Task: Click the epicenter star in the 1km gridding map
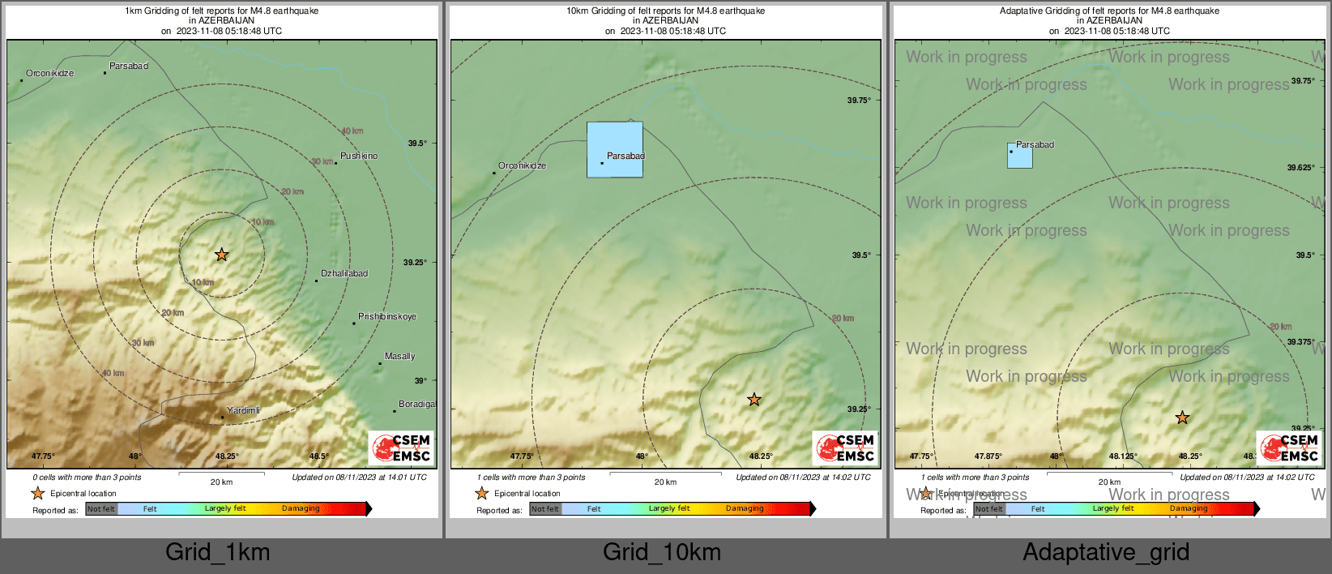[x=221, y=255]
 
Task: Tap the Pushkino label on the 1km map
[x=358, y=156]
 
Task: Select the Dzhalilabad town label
[x=344, y=273]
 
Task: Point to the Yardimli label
[x=243, y=410]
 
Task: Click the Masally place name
[x=399, y=356]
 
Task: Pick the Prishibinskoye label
[x=386, y=316]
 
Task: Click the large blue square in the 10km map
[x=614, y=149]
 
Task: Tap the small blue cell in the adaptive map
[x=1019, y=156]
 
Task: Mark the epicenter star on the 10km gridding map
[x=754, y=399]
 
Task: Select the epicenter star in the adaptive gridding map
[x=1182, y=418]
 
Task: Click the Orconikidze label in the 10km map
[x=522, y=165]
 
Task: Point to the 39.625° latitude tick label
[x=1300, y=168]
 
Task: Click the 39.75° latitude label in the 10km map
[x=859, y=101]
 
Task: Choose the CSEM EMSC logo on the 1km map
[x=402, y=448]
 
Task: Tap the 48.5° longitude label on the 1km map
[x=318, y=456]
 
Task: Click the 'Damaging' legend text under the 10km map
[x=745, y=508]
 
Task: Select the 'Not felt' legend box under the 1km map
[x=101, y=509]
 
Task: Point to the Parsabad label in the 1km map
[x=129, y=66]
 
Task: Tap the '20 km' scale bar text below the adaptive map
[x=1109, y=482]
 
